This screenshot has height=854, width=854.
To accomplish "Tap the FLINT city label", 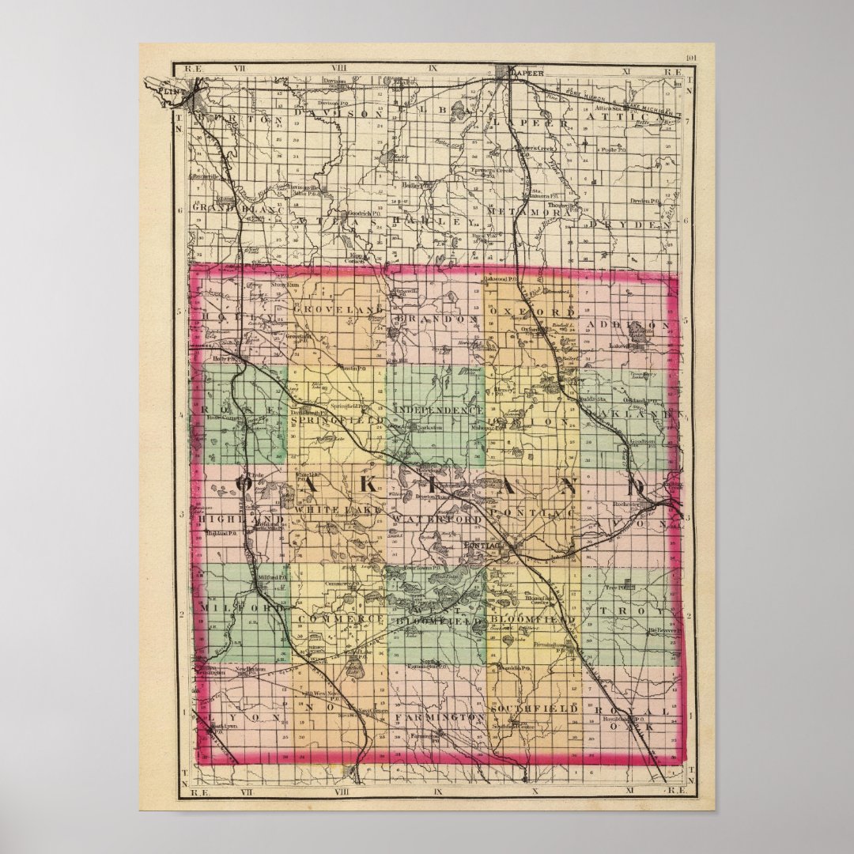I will [x=170, y=91].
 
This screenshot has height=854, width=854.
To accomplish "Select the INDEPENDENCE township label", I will [x=437, y=410].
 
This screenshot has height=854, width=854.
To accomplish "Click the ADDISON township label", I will [x=637, y=325].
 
